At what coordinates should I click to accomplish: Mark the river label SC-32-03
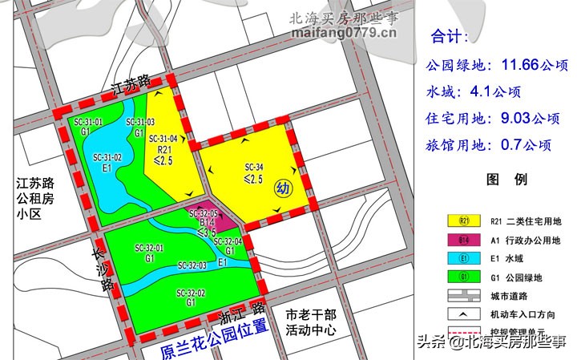click(x=192, y=265)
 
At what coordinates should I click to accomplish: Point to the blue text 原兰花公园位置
click(x=214, y=339)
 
